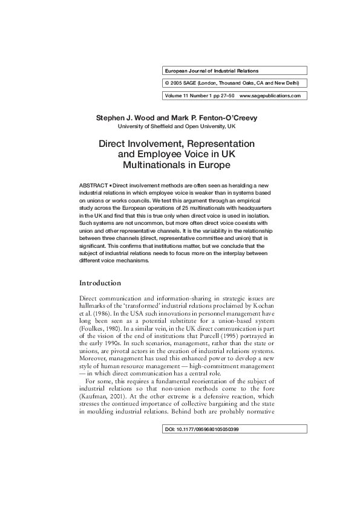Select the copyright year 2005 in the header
click(177, 83)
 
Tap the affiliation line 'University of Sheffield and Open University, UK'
click(176, 126)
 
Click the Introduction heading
click(100, 283)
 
